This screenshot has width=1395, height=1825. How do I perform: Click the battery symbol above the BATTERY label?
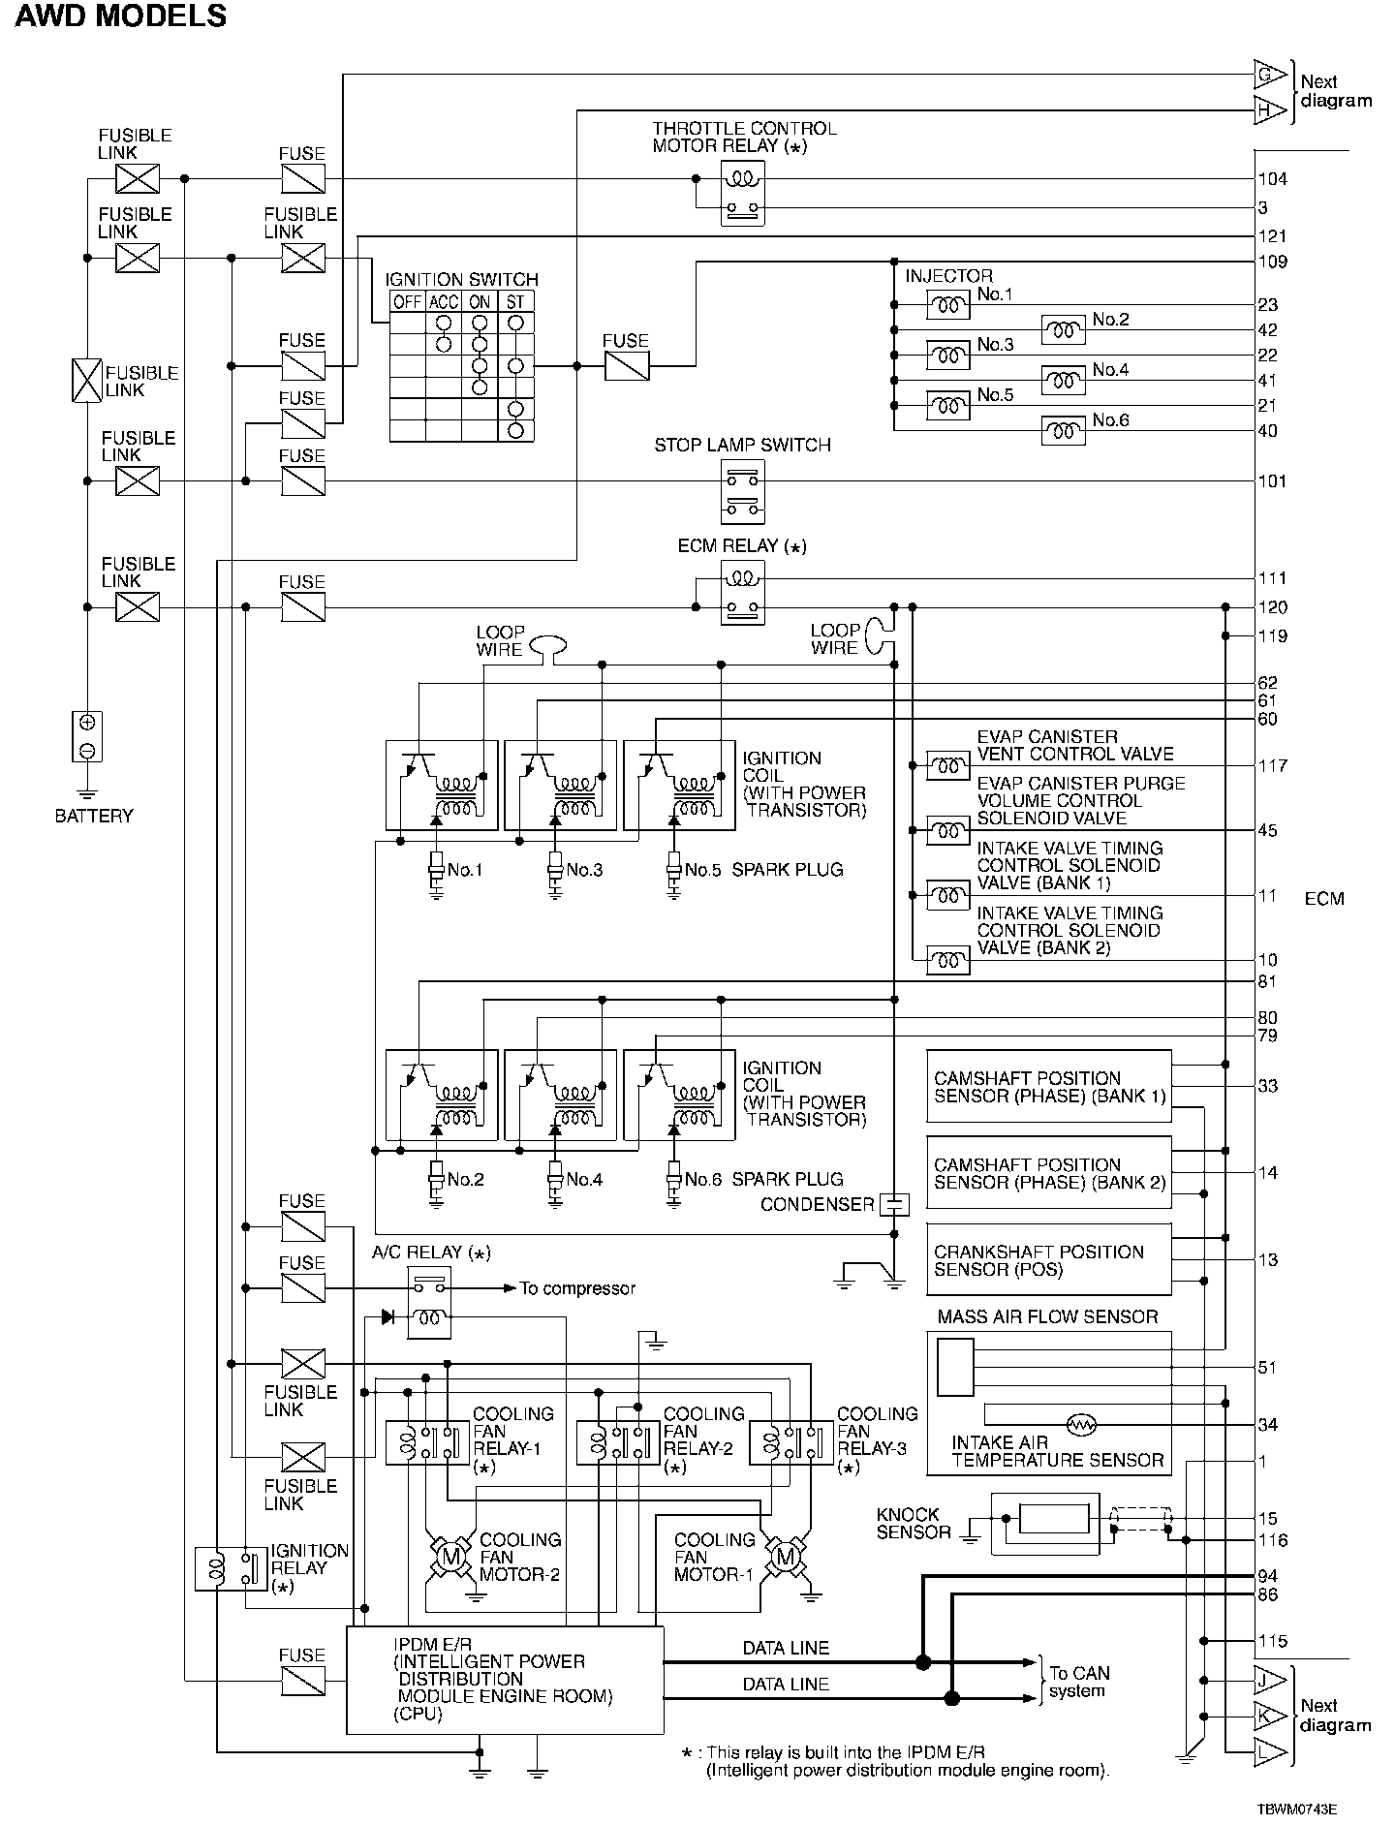click(87, 736)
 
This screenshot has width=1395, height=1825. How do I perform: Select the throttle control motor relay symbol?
click(742, 193)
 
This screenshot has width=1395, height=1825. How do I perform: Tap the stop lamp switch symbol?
click(742, 491)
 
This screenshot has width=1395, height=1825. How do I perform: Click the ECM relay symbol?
click(742, 593)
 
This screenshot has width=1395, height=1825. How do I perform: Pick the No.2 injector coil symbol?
click(1063, 330)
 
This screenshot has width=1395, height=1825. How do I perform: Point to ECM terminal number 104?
click(1272, 179)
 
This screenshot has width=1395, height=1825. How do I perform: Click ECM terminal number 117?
click(1272, 766)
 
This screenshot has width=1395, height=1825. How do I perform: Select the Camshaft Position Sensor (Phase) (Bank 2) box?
click(1049, 1173)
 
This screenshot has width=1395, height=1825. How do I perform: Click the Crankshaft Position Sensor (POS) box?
click(1049, 1259)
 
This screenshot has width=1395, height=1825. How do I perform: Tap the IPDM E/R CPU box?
click(506, 1680)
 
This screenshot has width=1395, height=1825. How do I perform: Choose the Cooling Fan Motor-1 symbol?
click(785, 1558)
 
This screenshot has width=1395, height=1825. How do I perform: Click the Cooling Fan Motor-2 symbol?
click(449, 1558)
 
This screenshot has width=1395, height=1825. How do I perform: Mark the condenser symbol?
click(894, 1205)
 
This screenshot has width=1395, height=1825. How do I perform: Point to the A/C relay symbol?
click(429, 1305)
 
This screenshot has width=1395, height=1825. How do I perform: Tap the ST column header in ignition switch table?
click(515, 301)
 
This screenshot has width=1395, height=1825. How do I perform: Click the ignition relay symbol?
click(231, 1569)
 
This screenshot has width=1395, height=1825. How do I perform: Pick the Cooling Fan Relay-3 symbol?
click(791, 1442)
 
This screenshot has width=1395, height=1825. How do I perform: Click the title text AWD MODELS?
click(121, 16)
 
